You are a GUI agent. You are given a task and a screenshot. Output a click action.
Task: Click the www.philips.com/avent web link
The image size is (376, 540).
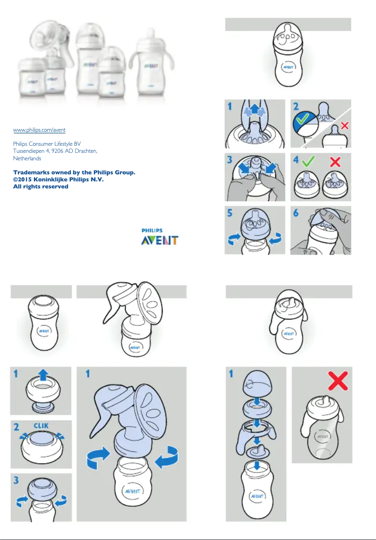[42, 129]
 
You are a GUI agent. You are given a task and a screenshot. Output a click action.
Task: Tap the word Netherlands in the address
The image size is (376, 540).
[27, 159]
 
